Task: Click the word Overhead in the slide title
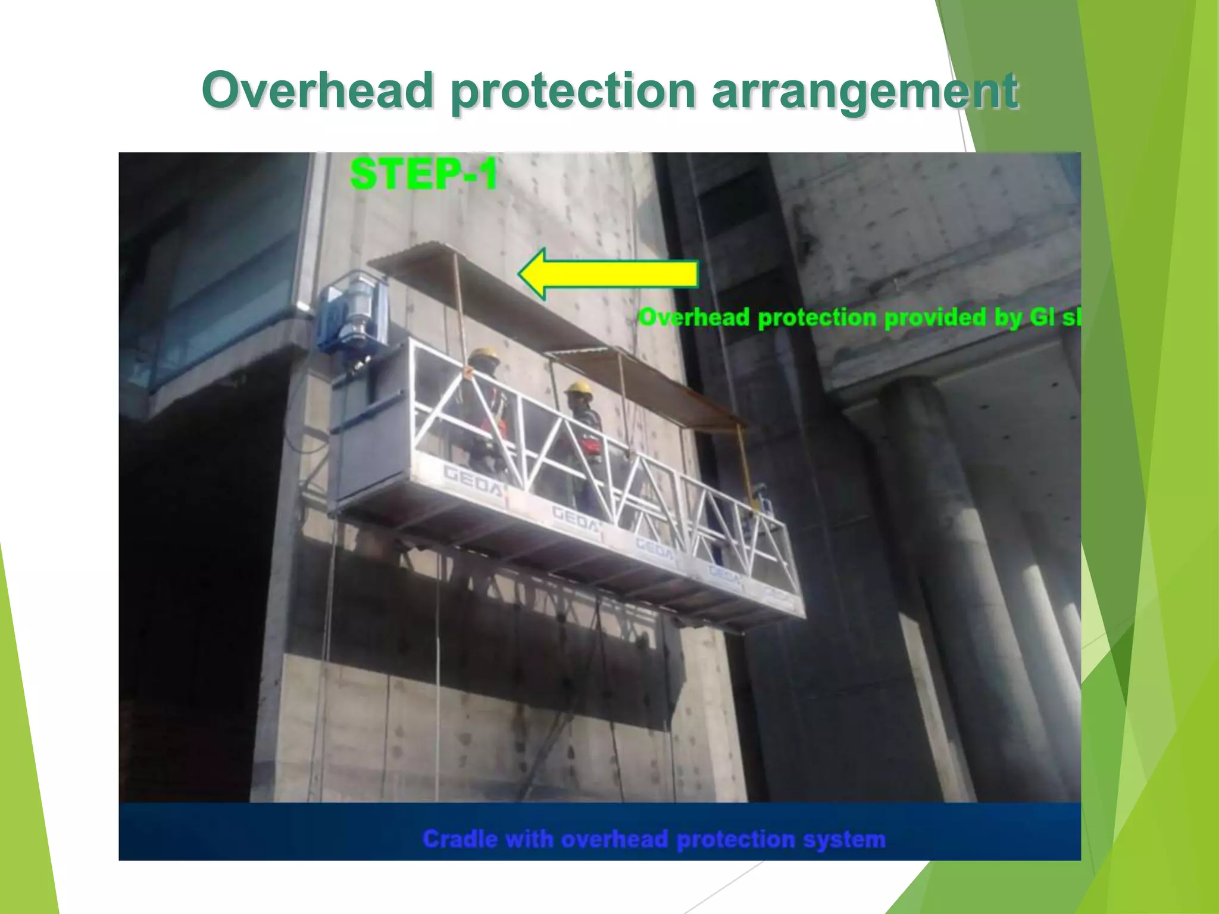(317, 91)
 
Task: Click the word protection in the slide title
(573, 91)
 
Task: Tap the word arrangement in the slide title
(865, 91)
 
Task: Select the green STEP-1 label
(423, 174)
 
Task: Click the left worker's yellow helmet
(483, 355)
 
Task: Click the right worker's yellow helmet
(579, 387)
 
